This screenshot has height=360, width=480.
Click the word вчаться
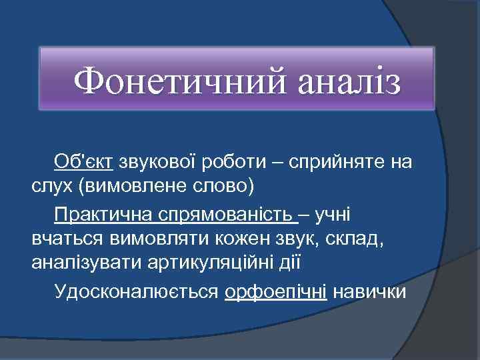click(x=63, y=239)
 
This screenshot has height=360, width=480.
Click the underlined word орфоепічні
click(x=276, y=292)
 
